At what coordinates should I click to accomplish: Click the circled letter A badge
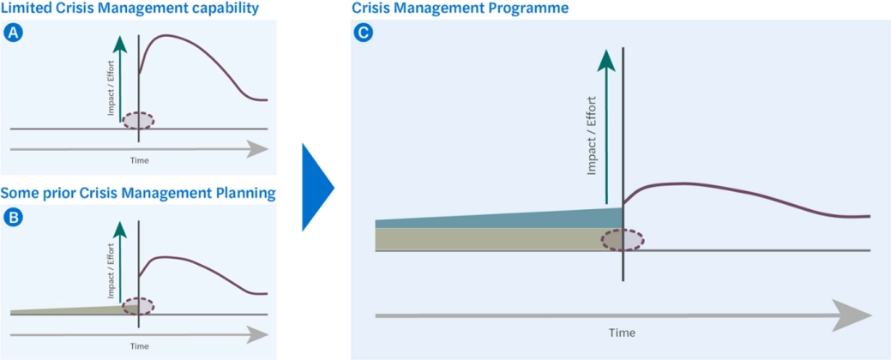(12, 33)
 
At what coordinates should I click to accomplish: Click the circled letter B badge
(12, 218)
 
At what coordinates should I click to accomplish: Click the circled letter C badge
(363, 33)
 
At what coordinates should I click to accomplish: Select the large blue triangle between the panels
(316, 187)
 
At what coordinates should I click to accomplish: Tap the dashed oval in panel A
(138, 121)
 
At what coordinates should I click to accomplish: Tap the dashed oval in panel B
(138, 306)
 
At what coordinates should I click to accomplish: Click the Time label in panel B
(138, 346)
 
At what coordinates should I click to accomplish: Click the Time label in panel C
(623, 332)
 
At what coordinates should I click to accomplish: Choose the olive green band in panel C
(497, 239)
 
